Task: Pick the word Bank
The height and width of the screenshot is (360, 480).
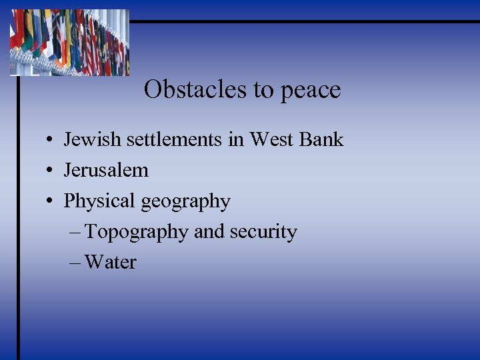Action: point(322,139)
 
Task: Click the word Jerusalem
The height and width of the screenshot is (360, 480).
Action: point(106,170)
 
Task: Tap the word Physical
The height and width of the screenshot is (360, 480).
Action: point(96,201)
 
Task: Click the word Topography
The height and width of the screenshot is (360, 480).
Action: point(137,233)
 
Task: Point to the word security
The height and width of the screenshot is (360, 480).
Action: point(263,233)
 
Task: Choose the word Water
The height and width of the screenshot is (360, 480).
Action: point(111,263)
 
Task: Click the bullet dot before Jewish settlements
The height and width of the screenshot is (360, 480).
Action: point(51,141)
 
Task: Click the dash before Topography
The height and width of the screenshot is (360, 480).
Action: point(75,233)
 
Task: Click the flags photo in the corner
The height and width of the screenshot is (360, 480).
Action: point(69,42)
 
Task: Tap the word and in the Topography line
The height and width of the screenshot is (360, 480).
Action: point(209,232)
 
